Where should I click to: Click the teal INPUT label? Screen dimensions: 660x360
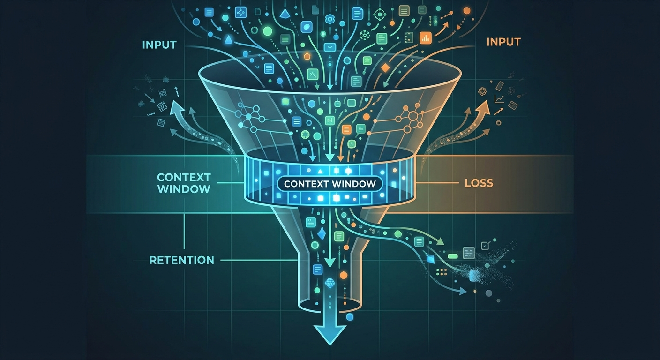(159, 45)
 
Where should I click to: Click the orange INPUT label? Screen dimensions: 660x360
(503, 42)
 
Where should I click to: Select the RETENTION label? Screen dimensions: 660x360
(182, 260)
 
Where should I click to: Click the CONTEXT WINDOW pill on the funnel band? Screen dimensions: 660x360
(330, 184)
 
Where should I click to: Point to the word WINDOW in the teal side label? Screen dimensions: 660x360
(184, 189)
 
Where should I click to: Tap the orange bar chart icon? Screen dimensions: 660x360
(425, 38)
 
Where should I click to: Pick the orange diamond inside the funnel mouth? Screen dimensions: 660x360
(384, 68)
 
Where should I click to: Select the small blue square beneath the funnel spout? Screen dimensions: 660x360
(349, 317)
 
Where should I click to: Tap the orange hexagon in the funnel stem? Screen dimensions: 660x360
(344, 275)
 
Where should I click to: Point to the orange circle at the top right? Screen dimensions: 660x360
(467, 11)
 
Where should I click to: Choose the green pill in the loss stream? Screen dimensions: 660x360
(452, 256)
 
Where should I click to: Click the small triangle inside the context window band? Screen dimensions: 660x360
(320, 171)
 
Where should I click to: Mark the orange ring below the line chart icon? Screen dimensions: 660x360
(499, 123)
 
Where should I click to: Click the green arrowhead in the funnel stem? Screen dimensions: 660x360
(330, 262)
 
